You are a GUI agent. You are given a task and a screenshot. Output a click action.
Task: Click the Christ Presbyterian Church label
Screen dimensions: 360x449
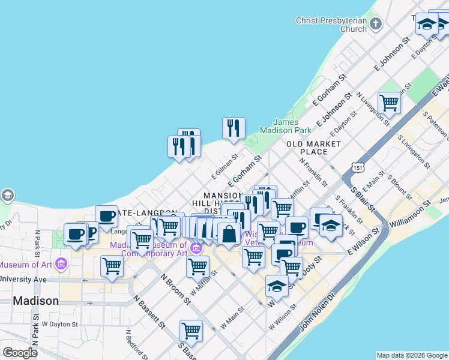coord(331,25)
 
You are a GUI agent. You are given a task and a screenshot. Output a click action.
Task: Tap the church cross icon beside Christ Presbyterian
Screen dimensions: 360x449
coord(376,25)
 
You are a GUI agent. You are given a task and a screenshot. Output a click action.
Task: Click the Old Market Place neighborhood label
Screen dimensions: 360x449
coord(314,148)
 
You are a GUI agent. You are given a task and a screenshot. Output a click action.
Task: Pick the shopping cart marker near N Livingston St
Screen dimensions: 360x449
coord(389,103)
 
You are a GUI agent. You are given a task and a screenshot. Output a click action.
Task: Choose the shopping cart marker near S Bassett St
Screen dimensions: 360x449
coord(191,330)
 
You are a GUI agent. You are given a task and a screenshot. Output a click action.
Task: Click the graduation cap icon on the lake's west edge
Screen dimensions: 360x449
coord(7,196)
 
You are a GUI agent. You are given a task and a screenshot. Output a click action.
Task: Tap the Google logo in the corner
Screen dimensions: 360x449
coord(20,353)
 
